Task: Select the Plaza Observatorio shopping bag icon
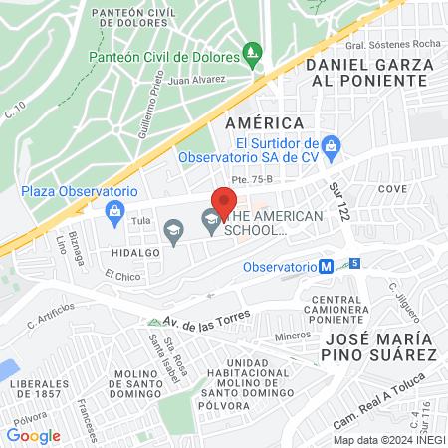point(115,210)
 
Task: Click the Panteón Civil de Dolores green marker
point(253,52)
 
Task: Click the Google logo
point(33,435)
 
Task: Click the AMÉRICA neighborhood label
point(264,122)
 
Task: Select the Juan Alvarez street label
point(197,80)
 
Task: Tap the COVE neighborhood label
point(392,188)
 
